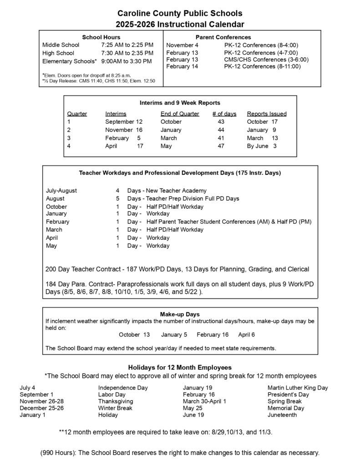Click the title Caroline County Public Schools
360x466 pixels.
[x=180, y=14]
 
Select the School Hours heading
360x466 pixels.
[x=101, y=37]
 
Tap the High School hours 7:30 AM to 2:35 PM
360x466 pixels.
[x=127, y=53]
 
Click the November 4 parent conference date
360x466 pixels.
[x=183, y=45]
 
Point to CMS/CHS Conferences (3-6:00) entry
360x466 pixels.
[x=267, y=60]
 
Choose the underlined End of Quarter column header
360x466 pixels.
[x=180, y=114]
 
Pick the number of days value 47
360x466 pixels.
[x=222, y=146]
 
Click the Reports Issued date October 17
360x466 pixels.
[x=262, y=122]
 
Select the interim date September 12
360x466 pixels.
[x=124, y=122]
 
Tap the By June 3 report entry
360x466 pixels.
[x=262, y=146]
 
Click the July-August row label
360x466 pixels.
[x=61, y=190]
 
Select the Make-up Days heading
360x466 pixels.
[x=180, y=314]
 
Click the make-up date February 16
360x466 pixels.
[x=213, y=334]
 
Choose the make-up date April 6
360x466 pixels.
[x=247, y=334]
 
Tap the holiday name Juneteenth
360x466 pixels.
[x=282, y=415]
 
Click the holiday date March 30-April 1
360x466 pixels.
[x=204, y=401]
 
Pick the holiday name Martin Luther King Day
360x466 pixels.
[x=298, y=388]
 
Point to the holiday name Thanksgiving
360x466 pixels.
[x=116, y=401]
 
